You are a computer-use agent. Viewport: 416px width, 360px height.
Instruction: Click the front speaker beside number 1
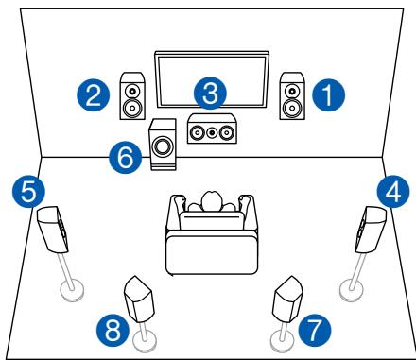tap(291, 96)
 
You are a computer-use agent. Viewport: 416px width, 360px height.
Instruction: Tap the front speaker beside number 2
tap(133, 96)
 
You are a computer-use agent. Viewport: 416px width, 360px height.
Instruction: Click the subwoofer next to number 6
tap(165, 146)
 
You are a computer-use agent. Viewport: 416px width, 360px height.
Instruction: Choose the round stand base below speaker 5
tap(70, 288)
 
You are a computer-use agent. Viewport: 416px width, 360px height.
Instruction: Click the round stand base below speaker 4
tap(351, 288)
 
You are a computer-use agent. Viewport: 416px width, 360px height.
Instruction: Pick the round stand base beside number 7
tap(280, 335)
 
